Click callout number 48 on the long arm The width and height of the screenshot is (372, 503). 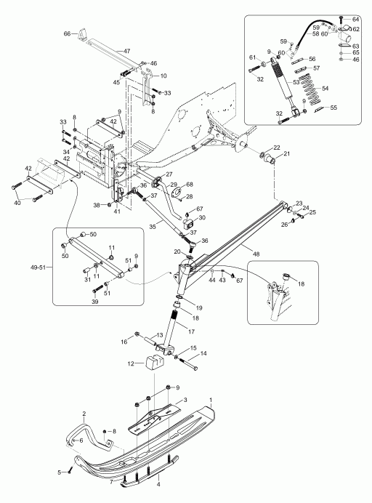click(x=256, y=254)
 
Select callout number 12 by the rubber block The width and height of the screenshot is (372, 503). click(x=132, y=363)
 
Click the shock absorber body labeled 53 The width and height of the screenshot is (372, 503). click(x=285, y=81)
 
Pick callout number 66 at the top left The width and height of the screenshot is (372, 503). click(x=67, y=33)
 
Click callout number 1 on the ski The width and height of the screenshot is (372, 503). click(x=211, y=400)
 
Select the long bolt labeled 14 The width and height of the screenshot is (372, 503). click(x=189, y=363)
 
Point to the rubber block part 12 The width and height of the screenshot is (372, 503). click(x=154, y=363)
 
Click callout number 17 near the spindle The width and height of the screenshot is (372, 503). click(x=191, y=331)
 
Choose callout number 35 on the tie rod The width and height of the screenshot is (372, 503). click(x=153, y=227)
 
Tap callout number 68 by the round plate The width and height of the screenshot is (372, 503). click(x=190, y=184)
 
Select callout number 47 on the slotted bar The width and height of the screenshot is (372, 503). click(x=126, y=51)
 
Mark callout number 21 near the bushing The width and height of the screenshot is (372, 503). click(x=286, y=153)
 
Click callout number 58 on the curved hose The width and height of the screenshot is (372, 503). click(x=315, y=33)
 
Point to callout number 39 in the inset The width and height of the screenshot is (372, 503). click(x=95, y=302)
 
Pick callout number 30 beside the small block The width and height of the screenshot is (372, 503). click(x=202, y=217)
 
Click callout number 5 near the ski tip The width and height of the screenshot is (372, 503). click(x=59, y=472)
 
